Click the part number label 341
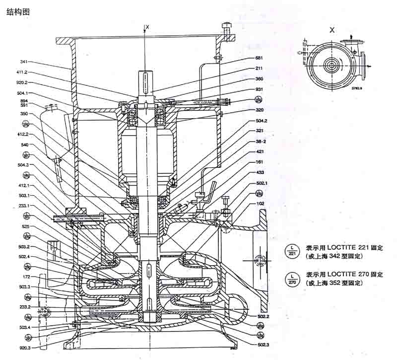tap(24, 62)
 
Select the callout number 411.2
tap(21, 72)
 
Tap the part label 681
tap(259, 58)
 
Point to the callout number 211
tap(259, 69)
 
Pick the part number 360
tap(259, 79)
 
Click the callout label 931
tap(259, 89)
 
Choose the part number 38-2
tap(261, 141)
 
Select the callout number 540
tap(24, 144)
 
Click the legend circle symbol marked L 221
tap(292, 251)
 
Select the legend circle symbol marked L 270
tap(292, 278)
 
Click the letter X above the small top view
tap(332, 29)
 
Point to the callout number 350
tap(24, 114)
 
